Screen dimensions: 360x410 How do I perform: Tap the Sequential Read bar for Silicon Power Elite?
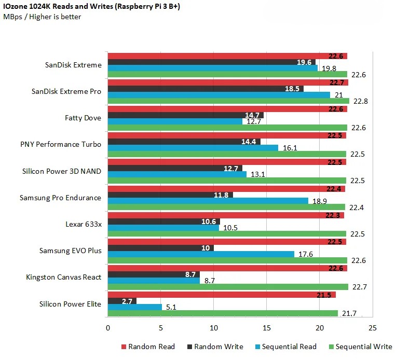point(134,307)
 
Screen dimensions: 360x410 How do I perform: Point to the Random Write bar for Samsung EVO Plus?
point(160,247)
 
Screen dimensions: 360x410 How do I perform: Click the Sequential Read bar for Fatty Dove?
point(175,121)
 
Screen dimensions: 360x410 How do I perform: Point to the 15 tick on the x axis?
point(266,328)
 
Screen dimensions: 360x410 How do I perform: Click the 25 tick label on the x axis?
point(372,328)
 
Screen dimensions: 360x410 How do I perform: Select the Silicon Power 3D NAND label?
point(62,171)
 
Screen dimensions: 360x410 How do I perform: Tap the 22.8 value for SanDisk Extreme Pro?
point(360,101)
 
